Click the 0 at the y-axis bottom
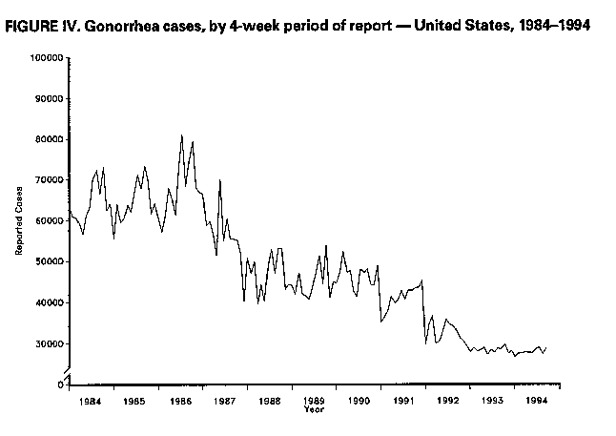click(x=60, y=384)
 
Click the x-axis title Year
click(x=313, y=410)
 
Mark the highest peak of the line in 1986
click(x=182, y=135)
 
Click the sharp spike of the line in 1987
click(x=220, y=180)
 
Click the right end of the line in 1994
click(x=546, y=347)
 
